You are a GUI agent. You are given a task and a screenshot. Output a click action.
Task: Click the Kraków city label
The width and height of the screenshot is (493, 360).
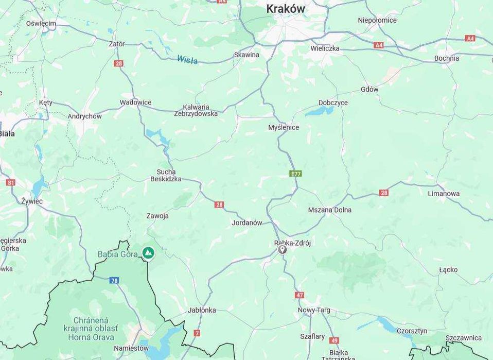(x=285, y=9)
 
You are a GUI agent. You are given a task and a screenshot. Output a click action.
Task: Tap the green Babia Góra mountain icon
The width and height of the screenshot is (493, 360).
(x=148, y=252)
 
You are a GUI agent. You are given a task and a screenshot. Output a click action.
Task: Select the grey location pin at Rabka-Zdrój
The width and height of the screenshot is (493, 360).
(x=282, y=249)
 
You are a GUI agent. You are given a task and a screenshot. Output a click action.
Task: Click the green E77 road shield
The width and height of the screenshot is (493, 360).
(x=295, y=174)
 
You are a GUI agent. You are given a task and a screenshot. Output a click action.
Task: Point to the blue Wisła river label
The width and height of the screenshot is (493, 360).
(x=187, y=59)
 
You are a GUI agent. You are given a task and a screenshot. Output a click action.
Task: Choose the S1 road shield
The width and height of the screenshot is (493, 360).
(x=11, y=182)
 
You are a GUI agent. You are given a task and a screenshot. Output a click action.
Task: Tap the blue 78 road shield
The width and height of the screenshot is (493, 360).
(x=114, y=280)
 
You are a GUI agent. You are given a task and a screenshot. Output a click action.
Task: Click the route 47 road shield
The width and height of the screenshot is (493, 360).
(x=300, y=295)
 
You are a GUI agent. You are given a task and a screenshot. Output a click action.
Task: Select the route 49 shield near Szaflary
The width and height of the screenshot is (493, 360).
(x=334, y=340)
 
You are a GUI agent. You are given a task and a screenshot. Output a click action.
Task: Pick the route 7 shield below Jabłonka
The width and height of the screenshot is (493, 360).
(x=197, y=333)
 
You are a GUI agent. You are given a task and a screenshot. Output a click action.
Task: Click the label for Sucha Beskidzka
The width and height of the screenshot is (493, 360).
(x=166, y=175)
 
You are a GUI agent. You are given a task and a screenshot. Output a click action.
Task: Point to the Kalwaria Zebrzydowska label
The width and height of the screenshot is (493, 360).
(x=196, y=110)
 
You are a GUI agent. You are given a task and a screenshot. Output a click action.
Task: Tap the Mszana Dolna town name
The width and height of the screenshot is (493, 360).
(x=329, y=210)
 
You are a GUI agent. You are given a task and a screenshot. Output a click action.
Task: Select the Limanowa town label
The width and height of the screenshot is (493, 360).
(x=444, y=194)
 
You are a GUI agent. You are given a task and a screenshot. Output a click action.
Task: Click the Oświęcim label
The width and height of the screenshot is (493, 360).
(x=41, y=24)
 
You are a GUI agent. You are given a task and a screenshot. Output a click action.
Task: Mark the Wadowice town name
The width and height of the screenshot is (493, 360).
(x=135, y=102)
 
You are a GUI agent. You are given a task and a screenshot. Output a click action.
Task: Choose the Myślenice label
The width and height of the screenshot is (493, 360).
(x=284, y=127)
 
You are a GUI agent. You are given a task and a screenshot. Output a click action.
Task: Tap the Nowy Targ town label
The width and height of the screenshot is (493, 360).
(x=314, y=310)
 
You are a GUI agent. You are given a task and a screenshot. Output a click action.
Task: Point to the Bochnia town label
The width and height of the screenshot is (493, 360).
(x=446, y=58)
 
